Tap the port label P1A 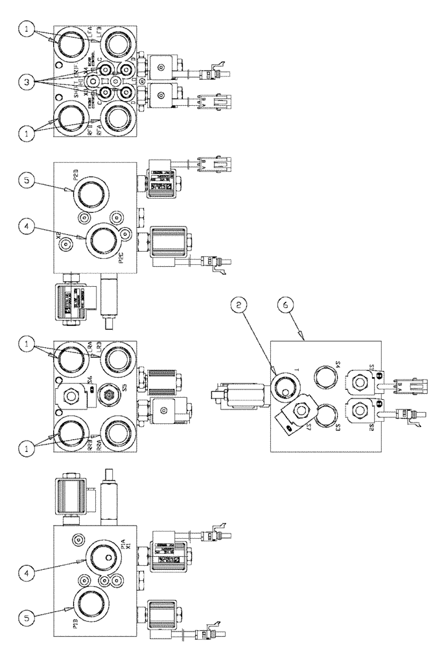point(123,546)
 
